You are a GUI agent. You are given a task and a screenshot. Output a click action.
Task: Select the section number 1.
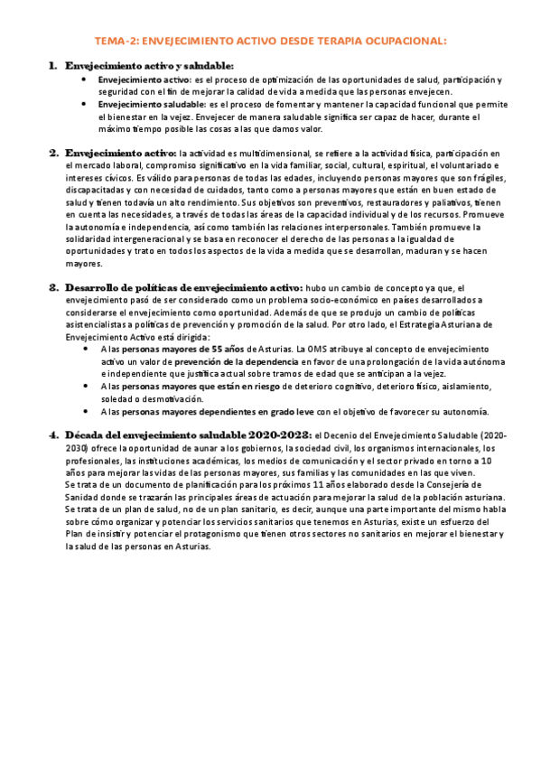tap(53, 67)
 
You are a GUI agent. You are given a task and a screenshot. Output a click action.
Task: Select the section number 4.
tap(53, 434)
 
